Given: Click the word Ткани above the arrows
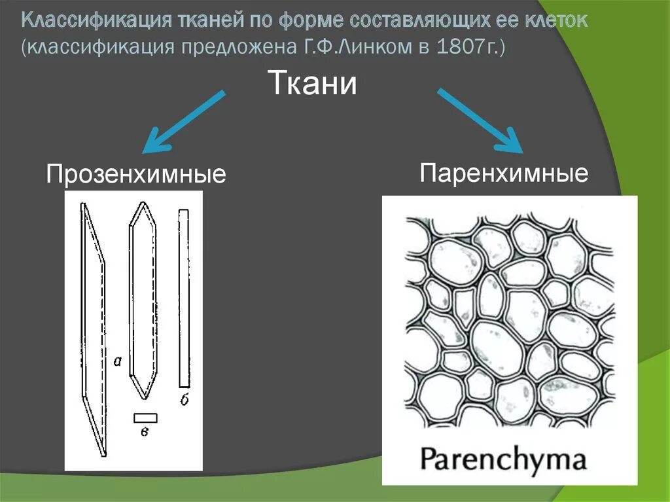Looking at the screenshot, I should (313, 84).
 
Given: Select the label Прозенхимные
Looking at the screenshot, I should (135, 175).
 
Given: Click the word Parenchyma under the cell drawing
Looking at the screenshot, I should (503, 459).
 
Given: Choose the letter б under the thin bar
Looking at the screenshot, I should (185, 400).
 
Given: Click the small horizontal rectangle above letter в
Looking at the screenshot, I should (145, 418).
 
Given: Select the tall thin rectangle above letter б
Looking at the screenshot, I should (184, 298).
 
